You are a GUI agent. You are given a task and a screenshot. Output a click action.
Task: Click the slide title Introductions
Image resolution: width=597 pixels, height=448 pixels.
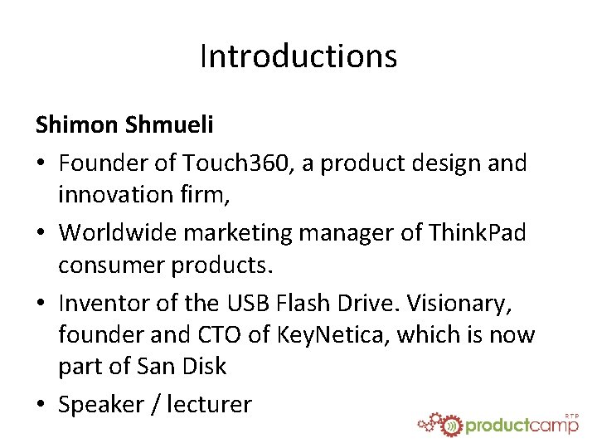[298, 56]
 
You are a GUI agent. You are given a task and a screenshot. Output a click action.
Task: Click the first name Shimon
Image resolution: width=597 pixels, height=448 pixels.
[77, 124]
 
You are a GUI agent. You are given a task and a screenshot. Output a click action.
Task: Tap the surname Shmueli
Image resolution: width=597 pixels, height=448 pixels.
[170, 124]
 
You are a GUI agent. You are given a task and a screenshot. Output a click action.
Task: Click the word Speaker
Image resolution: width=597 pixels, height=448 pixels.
[101, 404]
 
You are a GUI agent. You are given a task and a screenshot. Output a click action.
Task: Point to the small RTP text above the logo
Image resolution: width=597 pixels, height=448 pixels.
[571, 412]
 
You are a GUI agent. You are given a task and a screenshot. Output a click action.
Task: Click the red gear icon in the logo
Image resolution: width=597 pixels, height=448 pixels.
[450, 424]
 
